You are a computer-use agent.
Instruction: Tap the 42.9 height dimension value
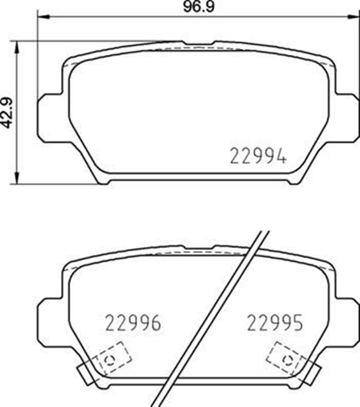(7, 113)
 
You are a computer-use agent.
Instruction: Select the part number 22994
(257, 155)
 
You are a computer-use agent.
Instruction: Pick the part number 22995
(275, 322)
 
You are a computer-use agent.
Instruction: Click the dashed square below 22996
(113, 357)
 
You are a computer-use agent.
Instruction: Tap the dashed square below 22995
(284, 357)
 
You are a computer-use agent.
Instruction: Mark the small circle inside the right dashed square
(287, 361)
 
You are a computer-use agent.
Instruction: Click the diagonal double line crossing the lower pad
(216, 318)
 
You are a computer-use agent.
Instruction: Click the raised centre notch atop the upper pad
(198, 44)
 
